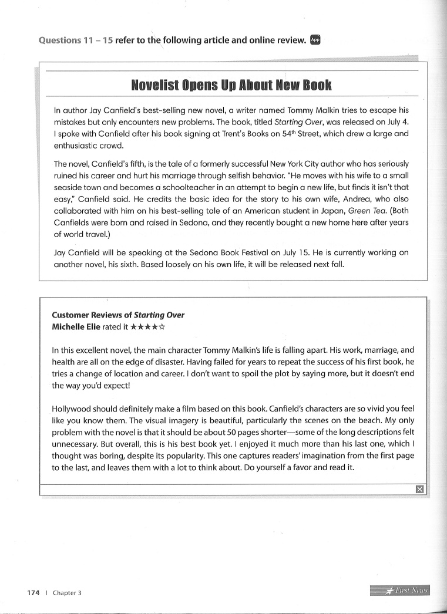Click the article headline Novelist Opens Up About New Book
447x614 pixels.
click(231, 86)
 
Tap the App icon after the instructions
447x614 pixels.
click(315, 39)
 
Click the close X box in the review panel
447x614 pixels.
click(419, 489)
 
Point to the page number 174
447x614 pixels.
click(33, 593)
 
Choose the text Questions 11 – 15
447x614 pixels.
click(75, 41)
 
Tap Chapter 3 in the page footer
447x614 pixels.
click(67, 593)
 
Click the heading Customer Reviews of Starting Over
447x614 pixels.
click(118, 315)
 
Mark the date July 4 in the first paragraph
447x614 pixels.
click(396, 122)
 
